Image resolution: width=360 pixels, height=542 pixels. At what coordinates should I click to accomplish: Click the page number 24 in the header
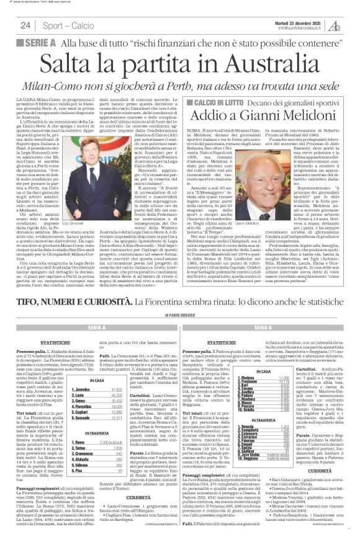(x=25, y=25)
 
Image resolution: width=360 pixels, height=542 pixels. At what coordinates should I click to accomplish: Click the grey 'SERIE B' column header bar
(x=266, y=326)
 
